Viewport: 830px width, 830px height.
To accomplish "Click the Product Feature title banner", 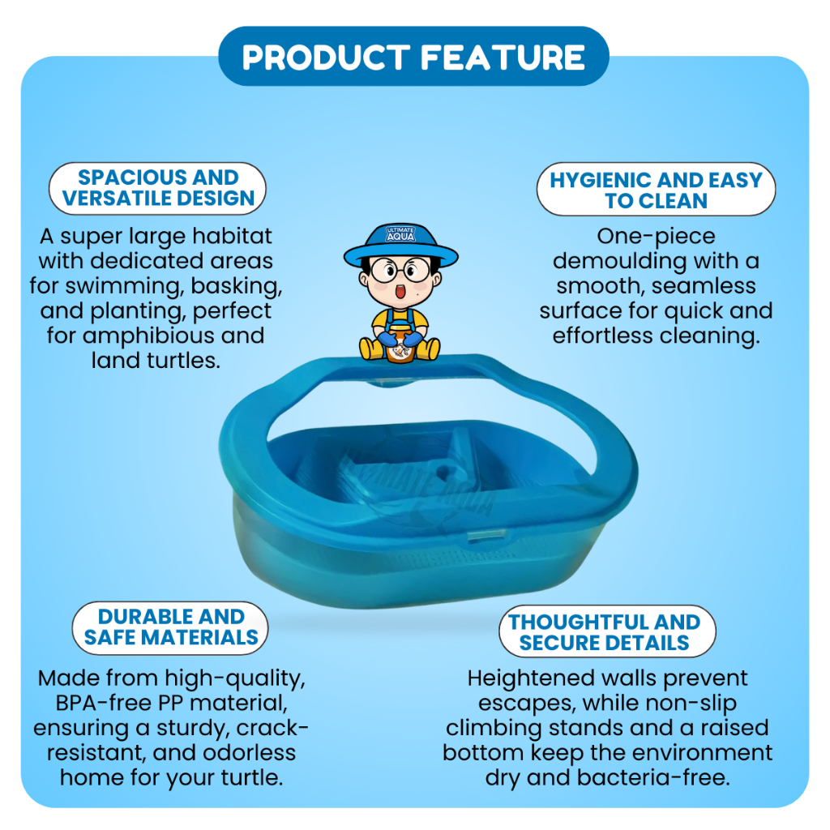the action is pyautogui.click(x=413, y=56).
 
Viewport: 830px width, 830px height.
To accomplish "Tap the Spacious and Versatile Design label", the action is pyautogui.click(x=157, y=188).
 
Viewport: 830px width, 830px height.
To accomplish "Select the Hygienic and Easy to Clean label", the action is pyautogui.click(x=656, y=190).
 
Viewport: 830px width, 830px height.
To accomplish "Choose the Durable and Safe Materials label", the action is pyautogui.click(x=170, y=628).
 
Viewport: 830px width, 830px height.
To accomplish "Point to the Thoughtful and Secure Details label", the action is pyautogui.click(x=606, y=631).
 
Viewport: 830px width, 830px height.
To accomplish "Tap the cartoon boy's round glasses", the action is pyautogui.click(x=400, y=269).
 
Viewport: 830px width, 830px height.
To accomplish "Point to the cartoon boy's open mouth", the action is pyautogui.click(x=400, y=291).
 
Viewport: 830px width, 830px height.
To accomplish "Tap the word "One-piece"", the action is pyautogui.click(x=656, y=237).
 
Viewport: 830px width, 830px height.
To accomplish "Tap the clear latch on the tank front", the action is pyautogui.click(x=485, y=535).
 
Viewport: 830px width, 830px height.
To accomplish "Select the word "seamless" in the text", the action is pyautogui.click(x=704, y=286).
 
